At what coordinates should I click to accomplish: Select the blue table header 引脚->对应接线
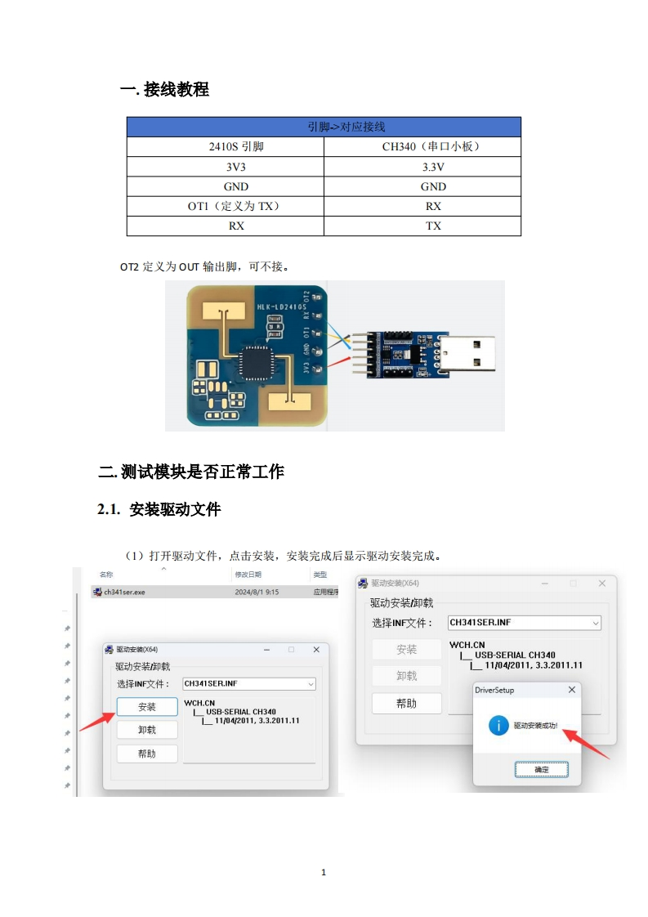(324, 127)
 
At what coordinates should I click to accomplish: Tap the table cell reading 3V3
(225, 167)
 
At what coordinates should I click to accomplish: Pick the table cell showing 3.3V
(422, 167)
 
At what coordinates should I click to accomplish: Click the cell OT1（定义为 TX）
(225, 206)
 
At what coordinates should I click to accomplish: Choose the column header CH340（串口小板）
(422, 147)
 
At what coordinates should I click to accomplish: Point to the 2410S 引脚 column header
(225, 147)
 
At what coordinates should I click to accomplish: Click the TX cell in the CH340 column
(422, 226)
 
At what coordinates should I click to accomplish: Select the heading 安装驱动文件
(175, 510)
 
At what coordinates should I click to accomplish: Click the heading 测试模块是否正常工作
(202, 472)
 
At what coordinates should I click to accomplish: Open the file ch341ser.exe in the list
(123, 592)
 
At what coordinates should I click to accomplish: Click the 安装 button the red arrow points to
(146, 707)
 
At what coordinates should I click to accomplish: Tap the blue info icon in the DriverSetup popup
(498, 725)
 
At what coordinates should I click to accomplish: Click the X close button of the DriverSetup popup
(571, 690)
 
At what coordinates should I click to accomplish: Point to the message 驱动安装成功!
(535, 726)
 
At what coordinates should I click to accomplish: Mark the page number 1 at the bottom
(324, 873)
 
